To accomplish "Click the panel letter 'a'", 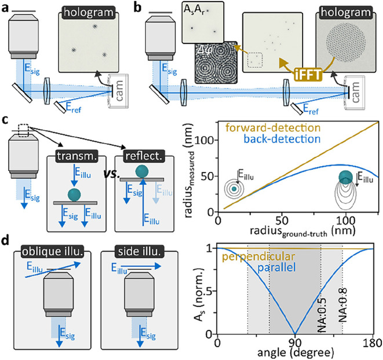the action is coord(5,8).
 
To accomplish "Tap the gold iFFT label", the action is coord(308,75).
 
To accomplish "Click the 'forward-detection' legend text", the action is coord(273,127).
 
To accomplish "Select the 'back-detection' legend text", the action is coord(282,139).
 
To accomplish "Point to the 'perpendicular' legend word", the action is coord(258,256).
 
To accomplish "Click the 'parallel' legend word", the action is coord(276,267).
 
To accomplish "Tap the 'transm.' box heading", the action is coord(77,156).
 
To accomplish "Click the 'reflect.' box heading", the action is coord(144,156).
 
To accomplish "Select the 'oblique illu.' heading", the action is coord(52,252).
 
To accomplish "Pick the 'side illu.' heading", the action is coord(139,252).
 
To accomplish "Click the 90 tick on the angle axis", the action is coord(295,343).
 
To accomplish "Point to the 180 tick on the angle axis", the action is coord(374,343).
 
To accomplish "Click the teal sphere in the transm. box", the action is coord(74,194).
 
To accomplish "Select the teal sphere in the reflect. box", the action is coord(142,171).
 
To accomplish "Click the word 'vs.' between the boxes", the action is coord(112,174).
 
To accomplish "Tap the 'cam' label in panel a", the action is coord(119,91).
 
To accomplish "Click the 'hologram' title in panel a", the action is coord(89,13).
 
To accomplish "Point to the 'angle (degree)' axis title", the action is coord(296,353).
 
